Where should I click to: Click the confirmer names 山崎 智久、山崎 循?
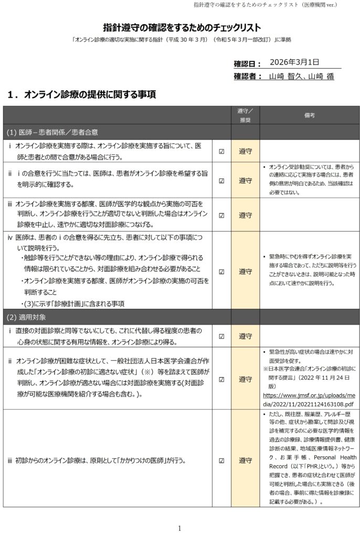[301, 77]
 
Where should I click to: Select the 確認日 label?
[247, 64]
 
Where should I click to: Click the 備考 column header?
[309, 115]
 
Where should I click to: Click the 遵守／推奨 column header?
[245, 115]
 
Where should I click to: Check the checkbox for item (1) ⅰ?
[221, 151]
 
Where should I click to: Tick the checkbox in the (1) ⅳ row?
[221, 272]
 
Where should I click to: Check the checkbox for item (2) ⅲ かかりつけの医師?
[221, 461]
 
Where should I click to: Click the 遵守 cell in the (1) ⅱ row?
[245, 180]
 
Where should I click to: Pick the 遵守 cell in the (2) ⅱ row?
[245, 379]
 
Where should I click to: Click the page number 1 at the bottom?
[179, 528]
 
